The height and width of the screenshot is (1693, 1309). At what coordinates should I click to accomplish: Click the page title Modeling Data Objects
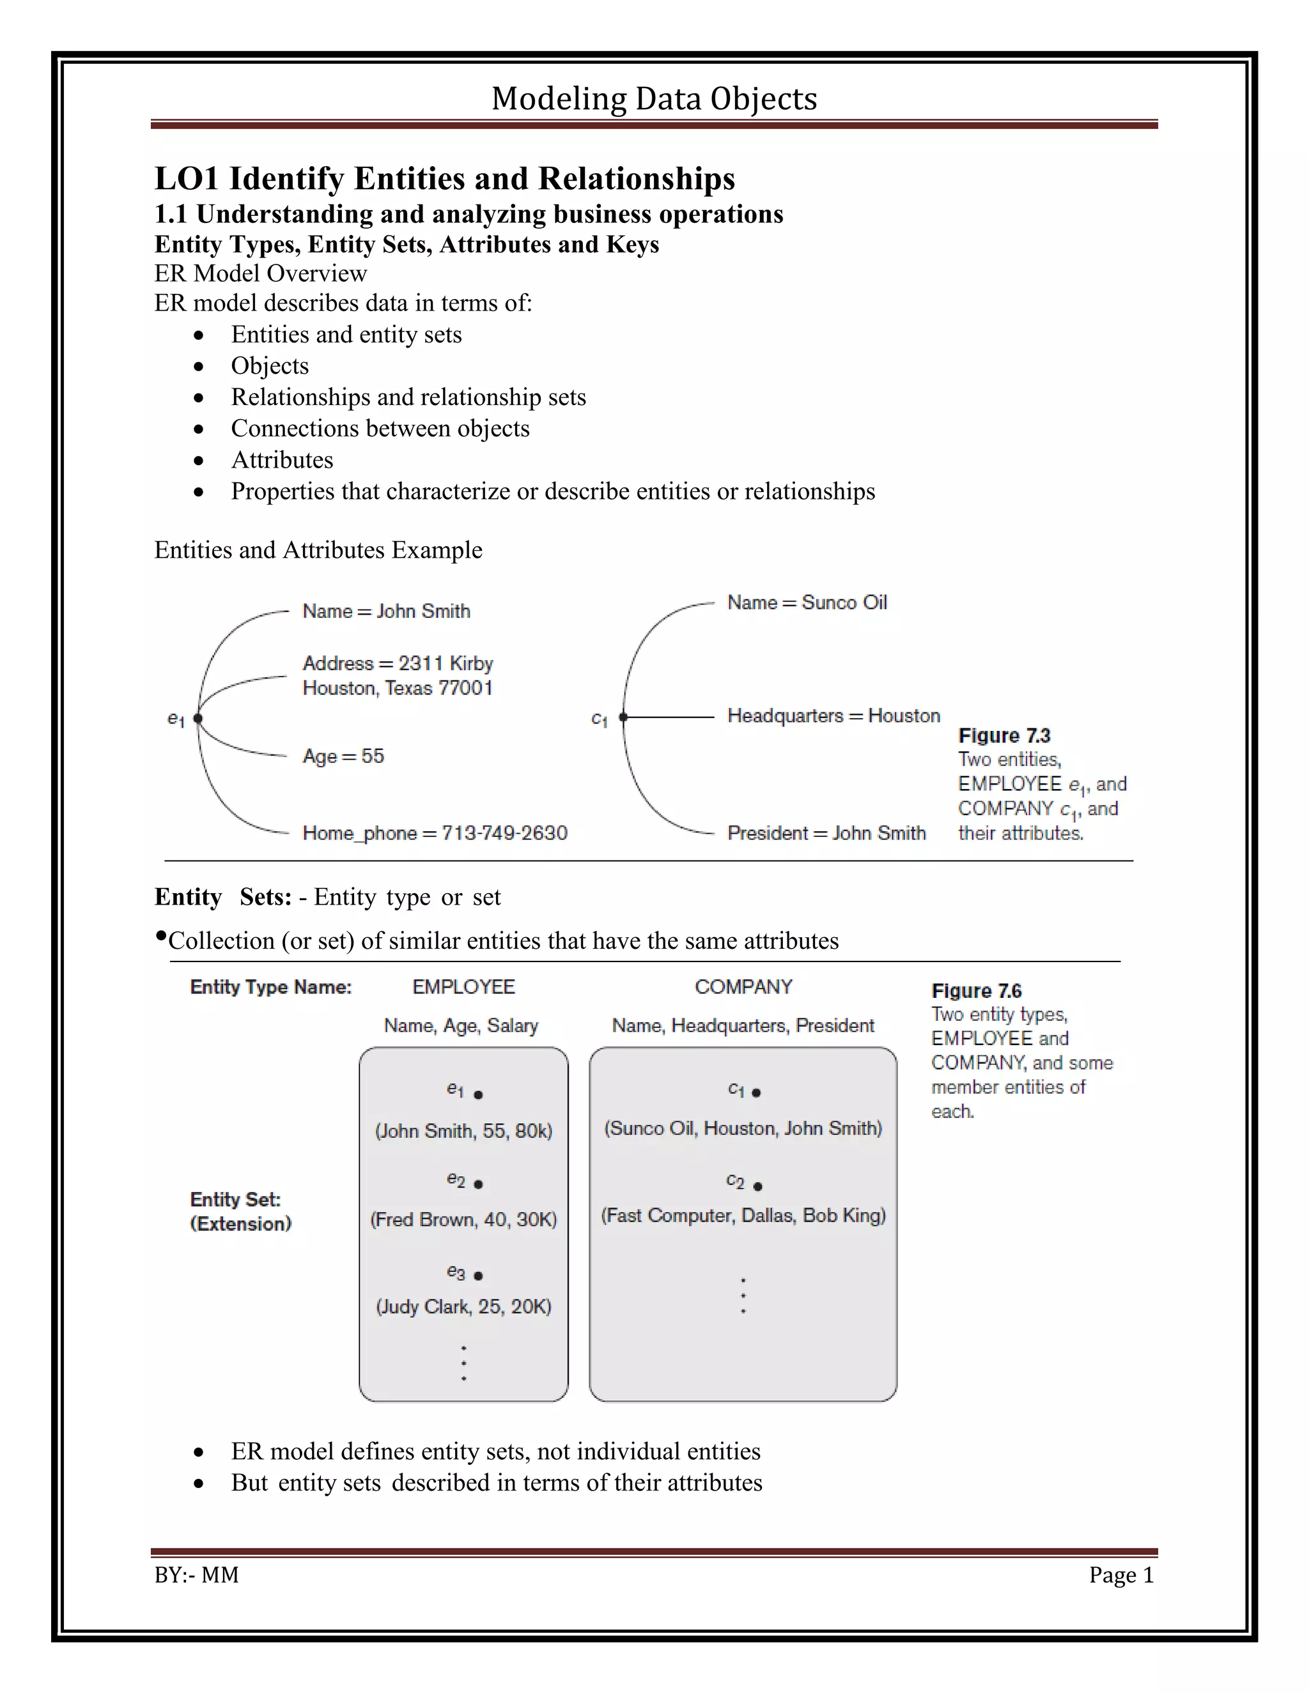tap(654, 98)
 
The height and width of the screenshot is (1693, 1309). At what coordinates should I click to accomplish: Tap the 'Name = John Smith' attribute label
tap(386, 611)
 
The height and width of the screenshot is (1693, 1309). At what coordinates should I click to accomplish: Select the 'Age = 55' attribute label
tap(343, 756)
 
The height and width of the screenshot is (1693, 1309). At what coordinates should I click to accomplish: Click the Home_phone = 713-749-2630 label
tap(434, 832)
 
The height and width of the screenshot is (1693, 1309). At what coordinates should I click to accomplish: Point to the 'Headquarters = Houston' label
tap(833, 716)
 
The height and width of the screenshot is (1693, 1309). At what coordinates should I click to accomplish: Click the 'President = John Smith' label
tap(826, 832)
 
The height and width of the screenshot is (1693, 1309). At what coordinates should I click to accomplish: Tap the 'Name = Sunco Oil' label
tap(807, 602)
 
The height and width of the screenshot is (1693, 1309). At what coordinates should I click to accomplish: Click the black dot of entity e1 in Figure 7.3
tap(198, 719)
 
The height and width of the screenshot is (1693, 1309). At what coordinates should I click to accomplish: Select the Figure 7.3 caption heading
tap(1003, 735)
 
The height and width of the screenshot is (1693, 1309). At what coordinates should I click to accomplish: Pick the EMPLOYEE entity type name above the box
tap(463, 987)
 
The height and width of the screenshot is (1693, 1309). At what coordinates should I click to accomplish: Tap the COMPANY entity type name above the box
tap(743, 987)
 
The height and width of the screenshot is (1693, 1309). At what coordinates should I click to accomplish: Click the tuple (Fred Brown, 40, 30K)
tap(463, 1220)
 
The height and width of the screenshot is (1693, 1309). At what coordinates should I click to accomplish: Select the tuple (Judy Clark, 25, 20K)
tap(463, 1306)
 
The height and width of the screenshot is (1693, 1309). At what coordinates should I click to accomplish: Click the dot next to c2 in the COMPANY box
tap(757, 1186)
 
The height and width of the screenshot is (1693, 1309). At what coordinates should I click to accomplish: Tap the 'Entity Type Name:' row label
tap(270, 987)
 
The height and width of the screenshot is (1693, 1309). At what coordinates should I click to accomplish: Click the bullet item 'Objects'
tap(269, 366)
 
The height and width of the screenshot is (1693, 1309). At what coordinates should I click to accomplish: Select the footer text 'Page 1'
tap(1120, 1575)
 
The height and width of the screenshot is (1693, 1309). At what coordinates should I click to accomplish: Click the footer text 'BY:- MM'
tap(196, 1575)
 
